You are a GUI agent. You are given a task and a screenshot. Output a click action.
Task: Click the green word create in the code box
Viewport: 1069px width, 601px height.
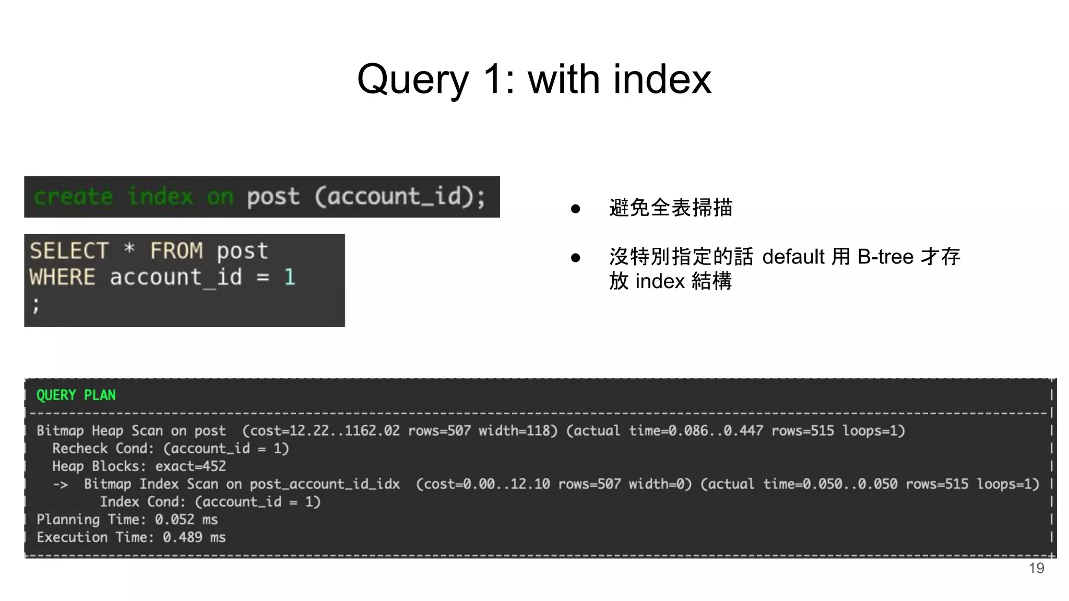pyautogui.click(x=73, y=197)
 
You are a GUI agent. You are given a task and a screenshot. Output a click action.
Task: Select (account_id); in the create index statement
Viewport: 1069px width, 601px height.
pyautogui.click(x=400, y=197)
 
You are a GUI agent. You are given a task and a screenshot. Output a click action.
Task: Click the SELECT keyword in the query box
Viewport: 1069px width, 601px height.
pyautogui.click(x=69, y=251)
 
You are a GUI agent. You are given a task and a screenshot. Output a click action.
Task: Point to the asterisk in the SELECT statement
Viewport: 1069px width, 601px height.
pyautogui.click(x=129, y=249)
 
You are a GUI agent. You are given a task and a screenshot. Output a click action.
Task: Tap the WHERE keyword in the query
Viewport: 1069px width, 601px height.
pyautogui.click(x=62, y=277)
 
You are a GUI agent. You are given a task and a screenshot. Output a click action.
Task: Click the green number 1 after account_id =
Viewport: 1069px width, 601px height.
pyautogui.click(x=290, y=277)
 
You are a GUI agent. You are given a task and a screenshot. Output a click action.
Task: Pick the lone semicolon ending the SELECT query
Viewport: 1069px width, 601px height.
pyautogui.click(x=35, y=305)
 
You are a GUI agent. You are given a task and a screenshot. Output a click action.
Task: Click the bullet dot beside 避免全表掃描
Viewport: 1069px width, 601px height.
pyautogui.click(x=575, y=209)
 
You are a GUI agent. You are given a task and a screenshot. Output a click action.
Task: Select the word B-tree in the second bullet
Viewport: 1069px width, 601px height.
pyautogui.click(x=885, y=257)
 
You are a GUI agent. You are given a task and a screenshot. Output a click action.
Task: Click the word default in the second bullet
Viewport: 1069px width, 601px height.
pyautogui.click(x=794, y=257)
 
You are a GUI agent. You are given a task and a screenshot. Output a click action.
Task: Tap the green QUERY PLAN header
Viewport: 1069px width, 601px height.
pyautogui.click(x=76, y=395)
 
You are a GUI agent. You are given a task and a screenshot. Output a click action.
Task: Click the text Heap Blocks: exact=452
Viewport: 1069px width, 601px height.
pyautogui.click(x=139, y=466)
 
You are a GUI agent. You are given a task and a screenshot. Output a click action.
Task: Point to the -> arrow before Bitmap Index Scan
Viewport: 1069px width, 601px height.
pyautogui.click(x=60, y=484)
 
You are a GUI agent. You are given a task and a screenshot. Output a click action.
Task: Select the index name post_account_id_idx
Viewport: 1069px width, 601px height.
pyautogui.click(x=324, y=484)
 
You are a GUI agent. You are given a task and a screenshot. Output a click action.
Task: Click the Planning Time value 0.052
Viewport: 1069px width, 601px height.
pyautogui.click(x=174, y=520)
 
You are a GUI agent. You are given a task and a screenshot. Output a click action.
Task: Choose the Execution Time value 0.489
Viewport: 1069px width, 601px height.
pyautogui.click(x=182, y=537)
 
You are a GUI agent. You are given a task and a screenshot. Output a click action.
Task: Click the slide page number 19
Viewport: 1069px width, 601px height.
pyautogui.click(x=1036, y=568)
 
